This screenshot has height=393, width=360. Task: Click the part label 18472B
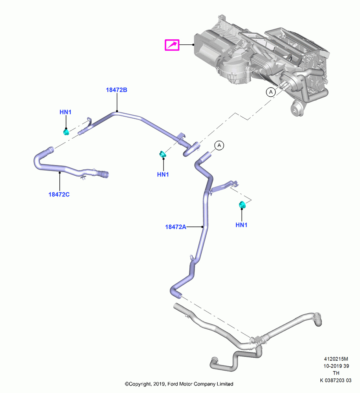coord(116,90)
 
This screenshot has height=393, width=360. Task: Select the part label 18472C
coord(59,194)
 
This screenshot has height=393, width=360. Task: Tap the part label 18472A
coord(176,227)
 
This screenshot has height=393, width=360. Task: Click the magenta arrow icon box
coord(172,45)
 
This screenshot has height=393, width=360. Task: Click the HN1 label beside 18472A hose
coord(241,225)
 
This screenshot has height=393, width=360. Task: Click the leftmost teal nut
coord(66,132)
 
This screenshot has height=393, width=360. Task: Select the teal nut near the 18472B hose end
coord(163,154)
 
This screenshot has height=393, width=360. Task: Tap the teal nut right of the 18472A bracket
coord(242,205)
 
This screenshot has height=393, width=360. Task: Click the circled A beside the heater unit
coord(271,92)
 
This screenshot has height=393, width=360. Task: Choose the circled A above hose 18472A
coord(219,145)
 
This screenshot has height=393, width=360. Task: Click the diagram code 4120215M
coord(336,359)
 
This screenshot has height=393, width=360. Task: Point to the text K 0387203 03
coord(336,380)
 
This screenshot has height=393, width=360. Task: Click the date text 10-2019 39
coord(336,366)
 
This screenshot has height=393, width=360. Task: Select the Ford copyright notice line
coord(179,384)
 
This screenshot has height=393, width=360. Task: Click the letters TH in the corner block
coord(336,373)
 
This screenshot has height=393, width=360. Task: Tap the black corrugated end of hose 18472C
coord(103,174)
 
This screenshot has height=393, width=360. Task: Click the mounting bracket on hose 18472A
coord(224,186)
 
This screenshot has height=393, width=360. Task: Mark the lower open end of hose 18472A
coord(179,296)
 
